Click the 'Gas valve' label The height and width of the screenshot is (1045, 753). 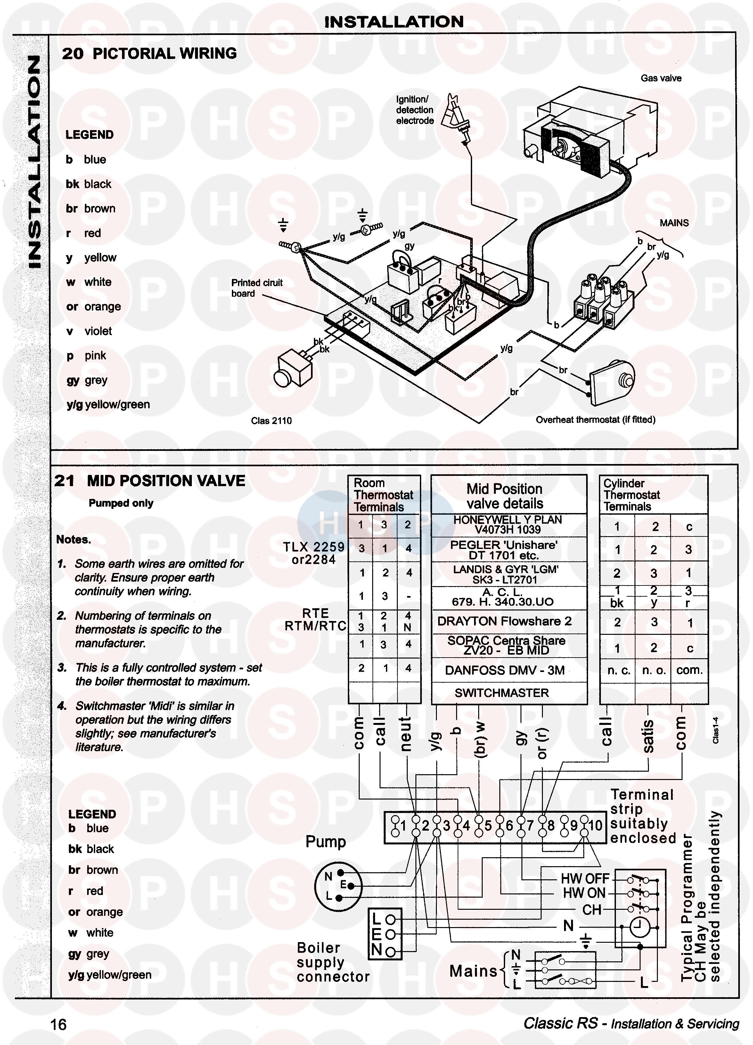click(660, 78)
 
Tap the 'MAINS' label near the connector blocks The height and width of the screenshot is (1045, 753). click(674, 223)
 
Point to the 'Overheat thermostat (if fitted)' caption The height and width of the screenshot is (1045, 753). click(595, 420)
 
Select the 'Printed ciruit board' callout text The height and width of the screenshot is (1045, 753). click(257, 288)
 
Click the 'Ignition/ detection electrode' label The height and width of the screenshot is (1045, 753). click(414, 110)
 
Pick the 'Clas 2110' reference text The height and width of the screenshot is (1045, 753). click(271, 421)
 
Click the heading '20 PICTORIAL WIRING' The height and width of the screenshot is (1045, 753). click(149, 54)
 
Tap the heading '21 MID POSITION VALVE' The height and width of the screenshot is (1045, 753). click(150, 481)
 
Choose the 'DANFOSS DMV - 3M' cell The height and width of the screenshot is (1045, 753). click(504, 670)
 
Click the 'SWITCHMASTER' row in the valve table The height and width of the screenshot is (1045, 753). click(502, 693)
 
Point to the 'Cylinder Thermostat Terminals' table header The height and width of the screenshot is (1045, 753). click(631, 495)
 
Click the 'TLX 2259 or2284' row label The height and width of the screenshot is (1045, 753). click(314, 553)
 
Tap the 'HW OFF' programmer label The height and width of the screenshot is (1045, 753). click(585, 879)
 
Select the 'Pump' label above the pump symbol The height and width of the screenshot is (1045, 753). click(326, 842)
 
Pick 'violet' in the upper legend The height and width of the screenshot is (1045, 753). click(98, 331)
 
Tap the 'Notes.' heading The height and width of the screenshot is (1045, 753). click(74, 540)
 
